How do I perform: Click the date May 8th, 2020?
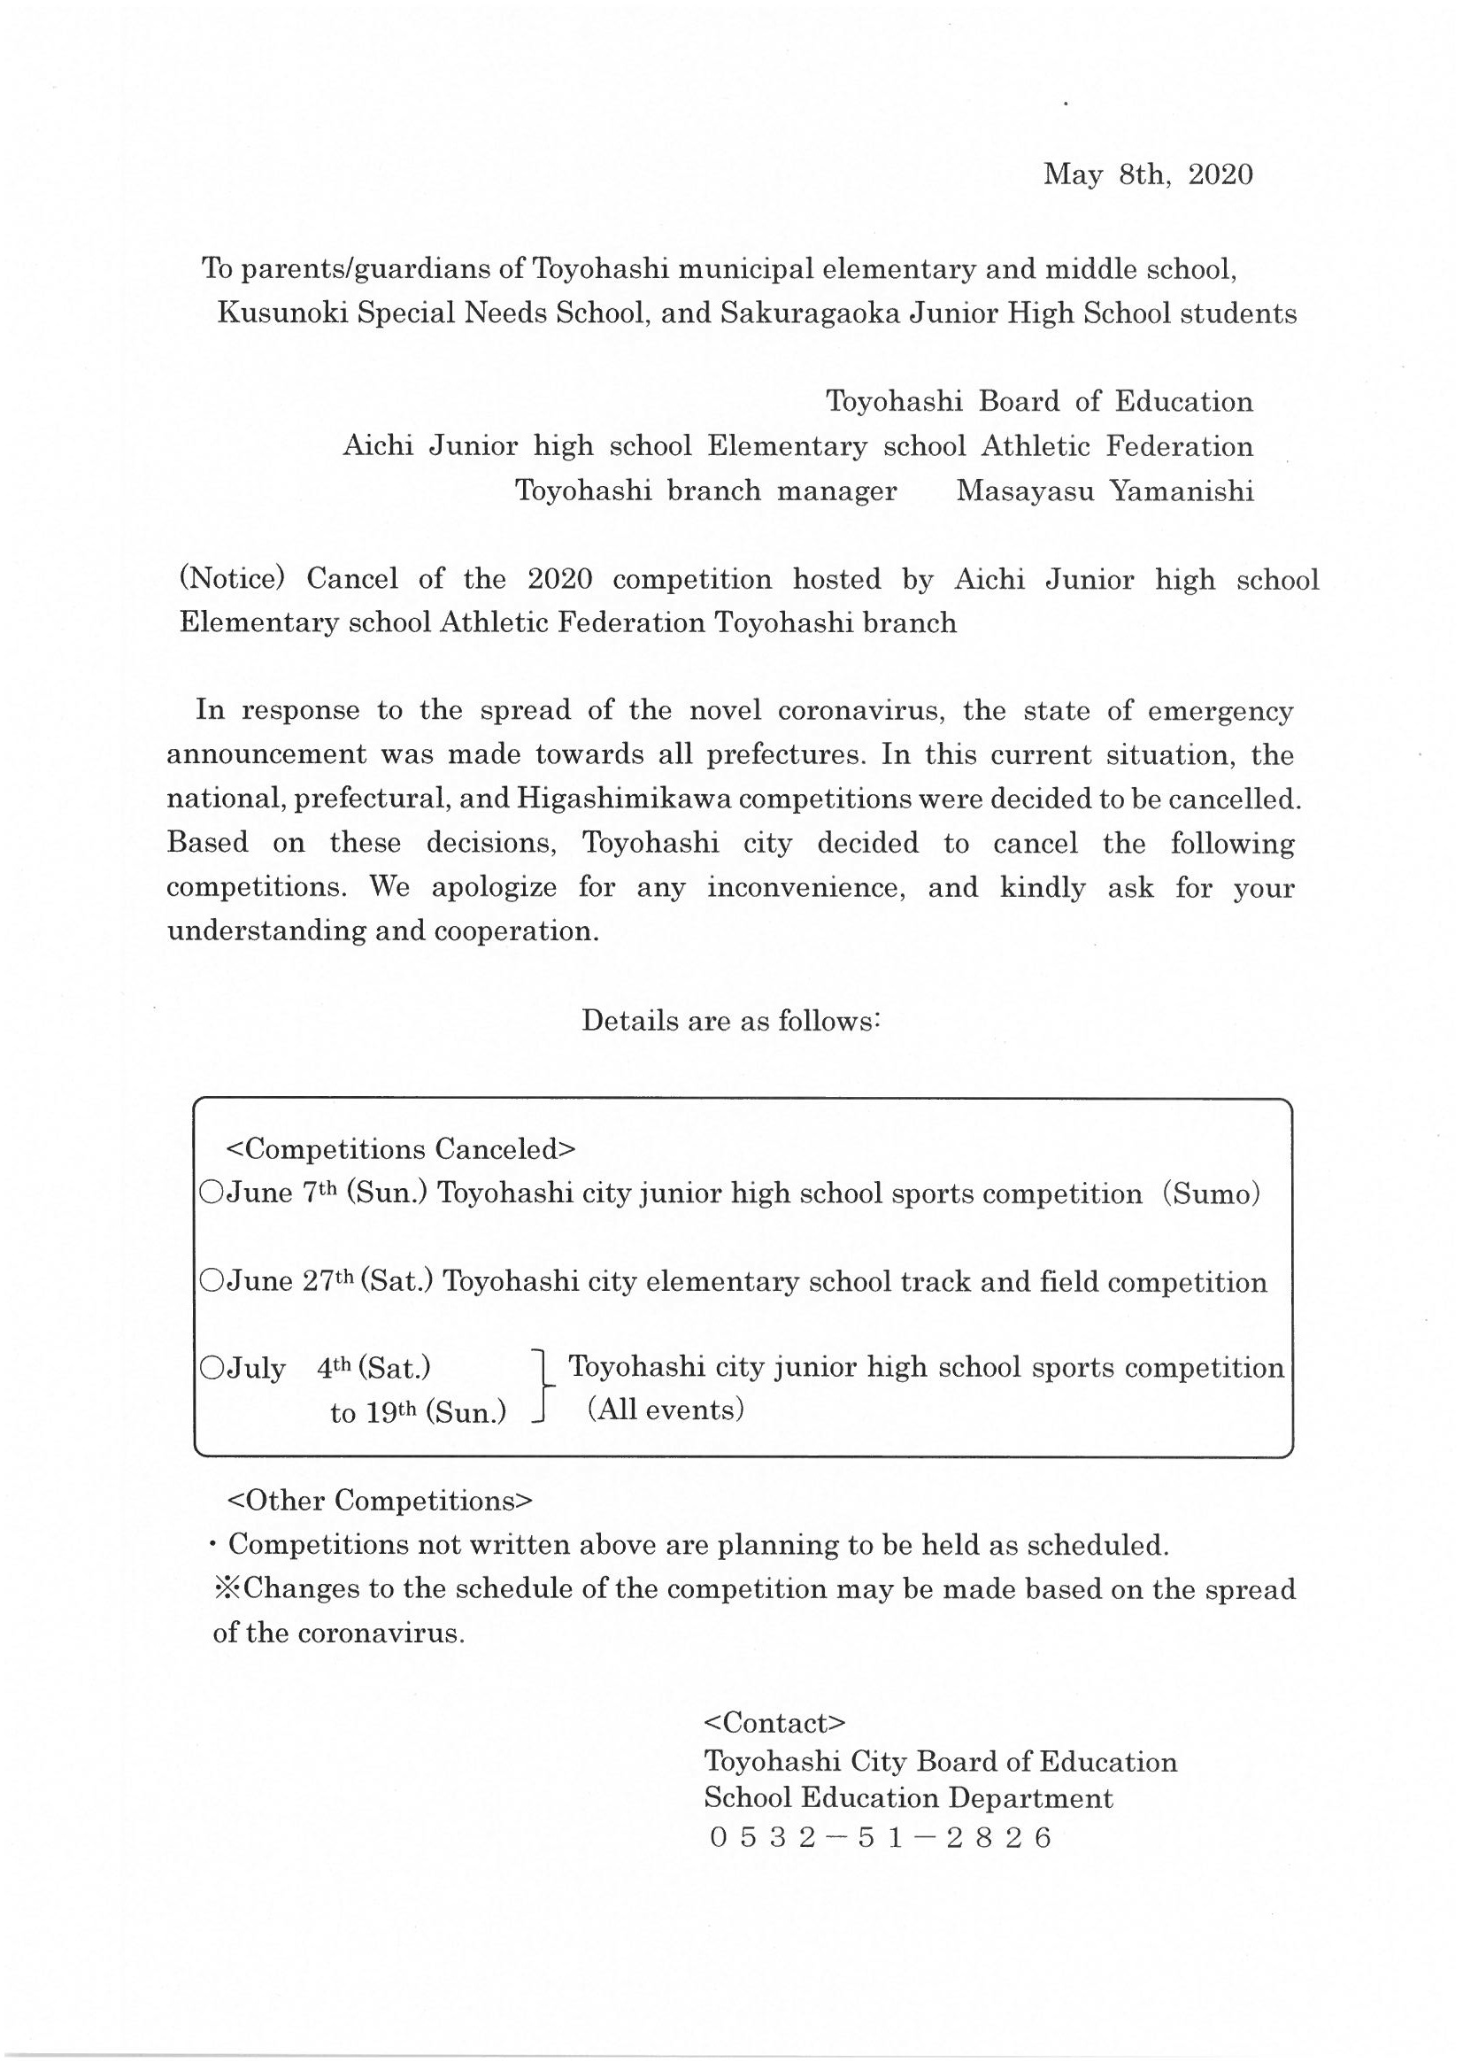1148,175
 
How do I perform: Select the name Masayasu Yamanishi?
1105,491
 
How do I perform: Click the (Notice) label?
233,579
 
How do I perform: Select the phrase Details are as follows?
730,1021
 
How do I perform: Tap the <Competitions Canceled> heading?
400,1149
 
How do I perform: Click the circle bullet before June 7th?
212,1193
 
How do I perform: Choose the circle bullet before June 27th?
212,1281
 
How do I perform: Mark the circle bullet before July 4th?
212,1369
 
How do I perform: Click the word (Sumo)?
1211,1193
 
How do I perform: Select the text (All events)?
666,1410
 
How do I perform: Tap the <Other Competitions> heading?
380,1501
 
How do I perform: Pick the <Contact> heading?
774,1723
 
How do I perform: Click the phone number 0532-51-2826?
881,1838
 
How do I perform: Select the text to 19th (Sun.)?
418,1413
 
